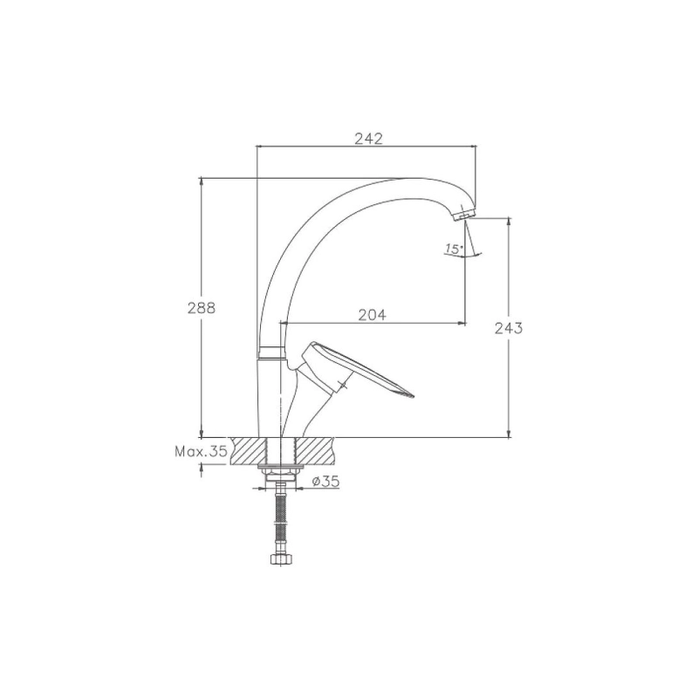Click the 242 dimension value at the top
368,139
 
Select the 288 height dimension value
202,308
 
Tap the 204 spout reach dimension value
373,315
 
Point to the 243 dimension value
509,328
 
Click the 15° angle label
454,249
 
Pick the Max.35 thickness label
201,452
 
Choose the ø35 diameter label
325,481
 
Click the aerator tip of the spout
463,215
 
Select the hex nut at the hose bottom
277,558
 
